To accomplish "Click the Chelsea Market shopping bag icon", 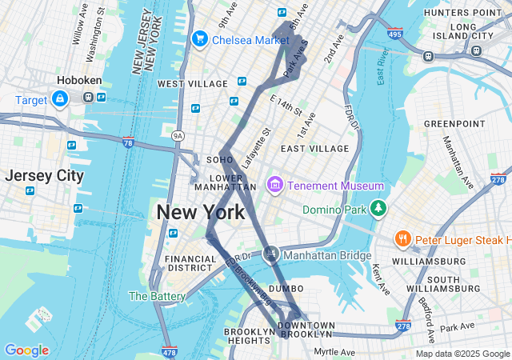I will tap(199, 38).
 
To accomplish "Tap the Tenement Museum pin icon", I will tap(275, 186).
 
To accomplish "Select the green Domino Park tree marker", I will tap(378, 210).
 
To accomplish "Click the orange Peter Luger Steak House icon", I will tap(403, 239).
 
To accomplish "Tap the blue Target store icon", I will tap(59, 98).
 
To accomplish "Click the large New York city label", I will tap(201, 213).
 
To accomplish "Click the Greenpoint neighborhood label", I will tap(454, 123).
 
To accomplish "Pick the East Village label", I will tap(314, 149).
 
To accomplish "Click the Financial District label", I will tap(190, 264).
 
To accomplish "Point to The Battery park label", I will tap(157, 296).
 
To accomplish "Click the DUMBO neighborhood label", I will tap(286, 288).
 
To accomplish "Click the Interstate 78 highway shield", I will tap(128, 142).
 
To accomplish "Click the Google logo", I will tap(26, 350).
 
